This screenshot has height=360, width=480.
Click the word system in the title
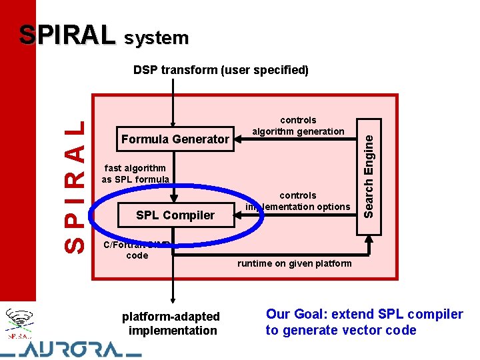[155, 38]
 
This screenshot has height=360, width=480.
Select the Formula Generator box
[175, 139]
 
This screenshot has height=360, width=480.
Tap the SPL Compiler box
[175, 215]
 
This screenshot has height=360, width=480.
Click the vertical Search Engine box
[369, 164]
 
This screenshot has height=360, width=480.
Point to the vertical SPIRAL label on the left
[73, 185]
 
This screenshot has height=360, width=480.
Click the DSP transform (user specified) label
[221, 69]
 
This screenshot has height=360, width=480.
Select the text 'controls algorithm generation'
[298, 125]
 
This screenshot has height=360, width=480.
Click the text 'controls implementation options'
[297, 201]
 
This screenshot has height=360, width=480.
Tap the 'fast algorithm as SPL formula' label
[135, 174]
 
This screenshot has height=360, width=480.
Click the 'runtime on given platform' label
[294, 263]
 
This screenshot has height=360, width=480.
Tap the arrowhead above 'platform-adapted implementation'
[173, 299]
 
